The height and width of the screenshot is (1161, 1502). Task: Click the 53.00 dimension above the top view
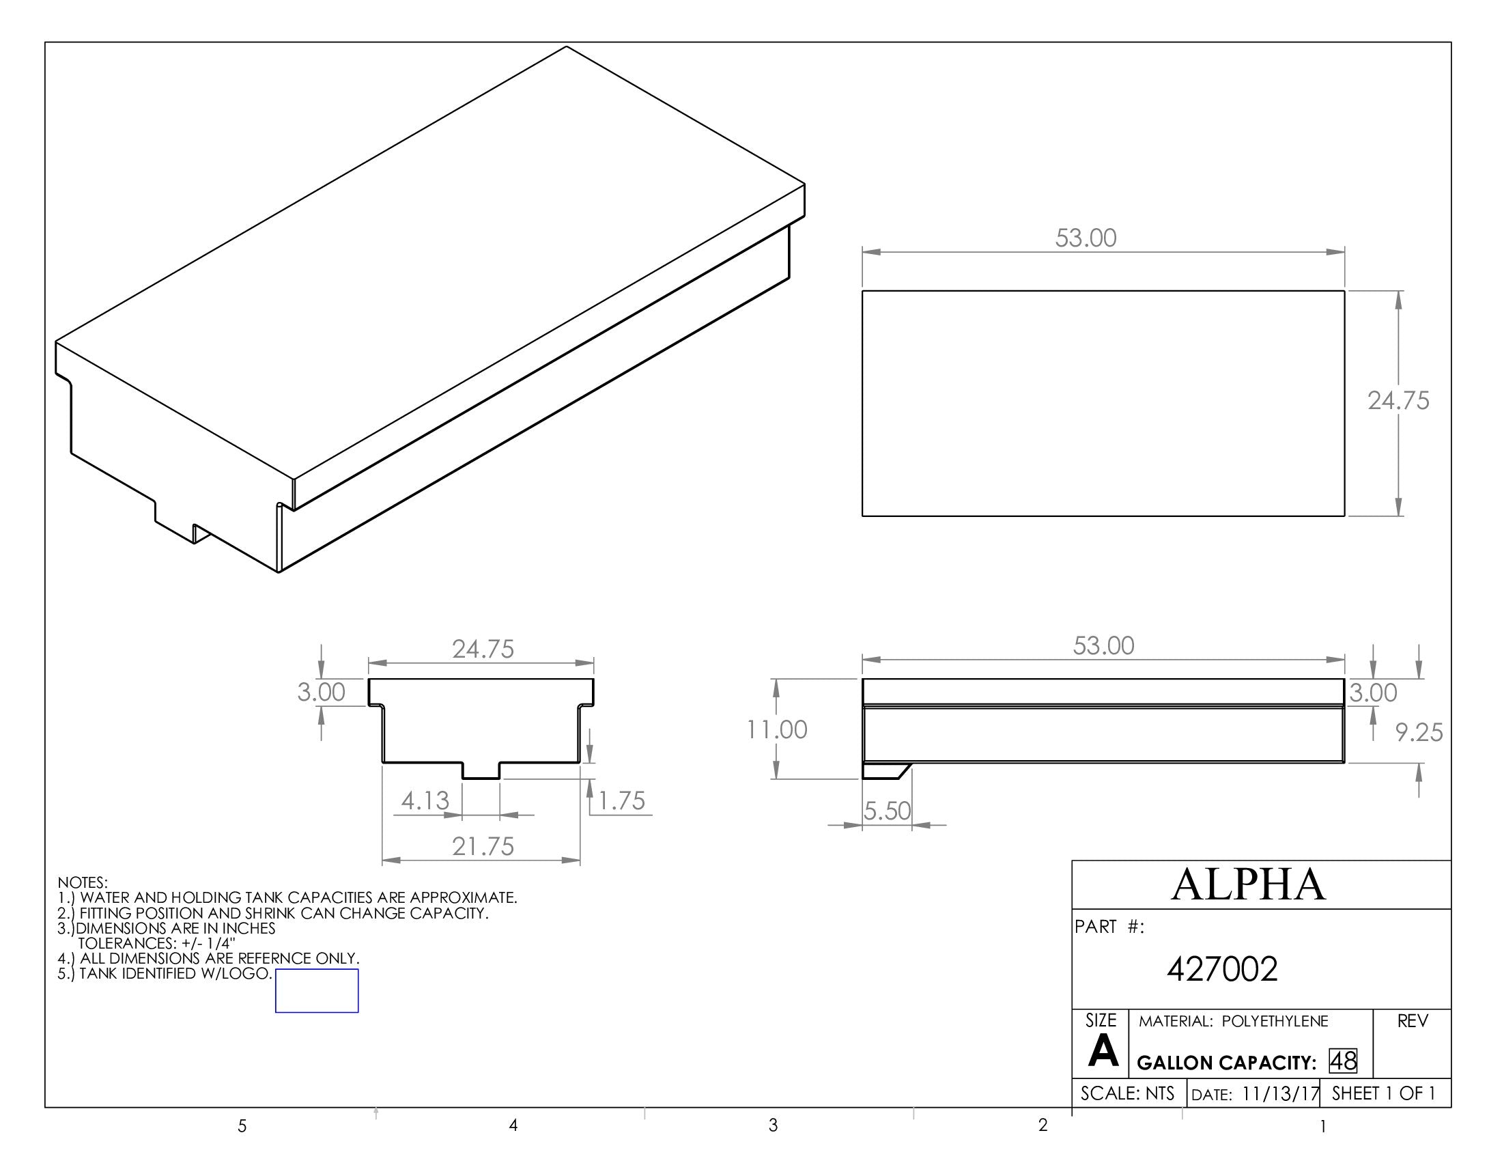pos(1086,238)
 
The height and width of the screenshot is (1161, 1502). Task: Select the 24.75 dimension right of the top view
pos(1398,401)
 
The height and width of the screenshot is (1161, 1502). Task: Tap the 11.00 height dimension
pos(777,730)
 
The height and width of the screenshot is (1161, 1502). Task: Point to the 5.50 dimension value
pos(887,811)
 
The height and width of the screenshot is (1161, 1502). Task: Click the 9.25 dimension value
pos(1418,733)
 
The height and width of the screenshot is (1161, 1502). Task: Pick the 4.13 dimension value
pos(425,800)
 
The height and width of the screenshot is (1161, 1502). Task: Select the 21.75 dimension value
pos(483,847)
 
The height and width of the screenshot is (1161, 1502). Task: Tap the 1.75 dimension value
pos(622,801)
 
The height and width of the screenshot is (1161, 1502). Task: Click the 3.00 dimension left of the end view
pos(320,693)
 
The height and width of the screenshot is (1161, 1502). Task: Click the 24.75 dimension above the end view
pos(483,649)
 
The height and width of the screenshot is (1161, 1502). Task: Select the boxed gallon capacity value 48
pos(1342,1061)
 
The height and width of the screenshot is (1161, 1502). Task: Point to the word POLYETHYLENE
pos(1275,1022)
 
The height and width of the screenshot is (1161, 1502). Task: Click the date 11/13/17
pos(1281,1094)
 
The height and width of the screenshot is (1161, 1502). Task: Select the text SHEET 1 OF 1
pos(1383,1093)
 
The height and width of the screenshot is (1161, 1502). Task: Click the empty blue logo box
pos(316,991)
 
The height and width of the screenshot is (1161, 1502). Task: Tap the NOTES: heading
pos(83,882)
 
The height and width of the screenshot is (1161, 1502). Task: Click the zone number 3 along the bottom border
pos(773,1125)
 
